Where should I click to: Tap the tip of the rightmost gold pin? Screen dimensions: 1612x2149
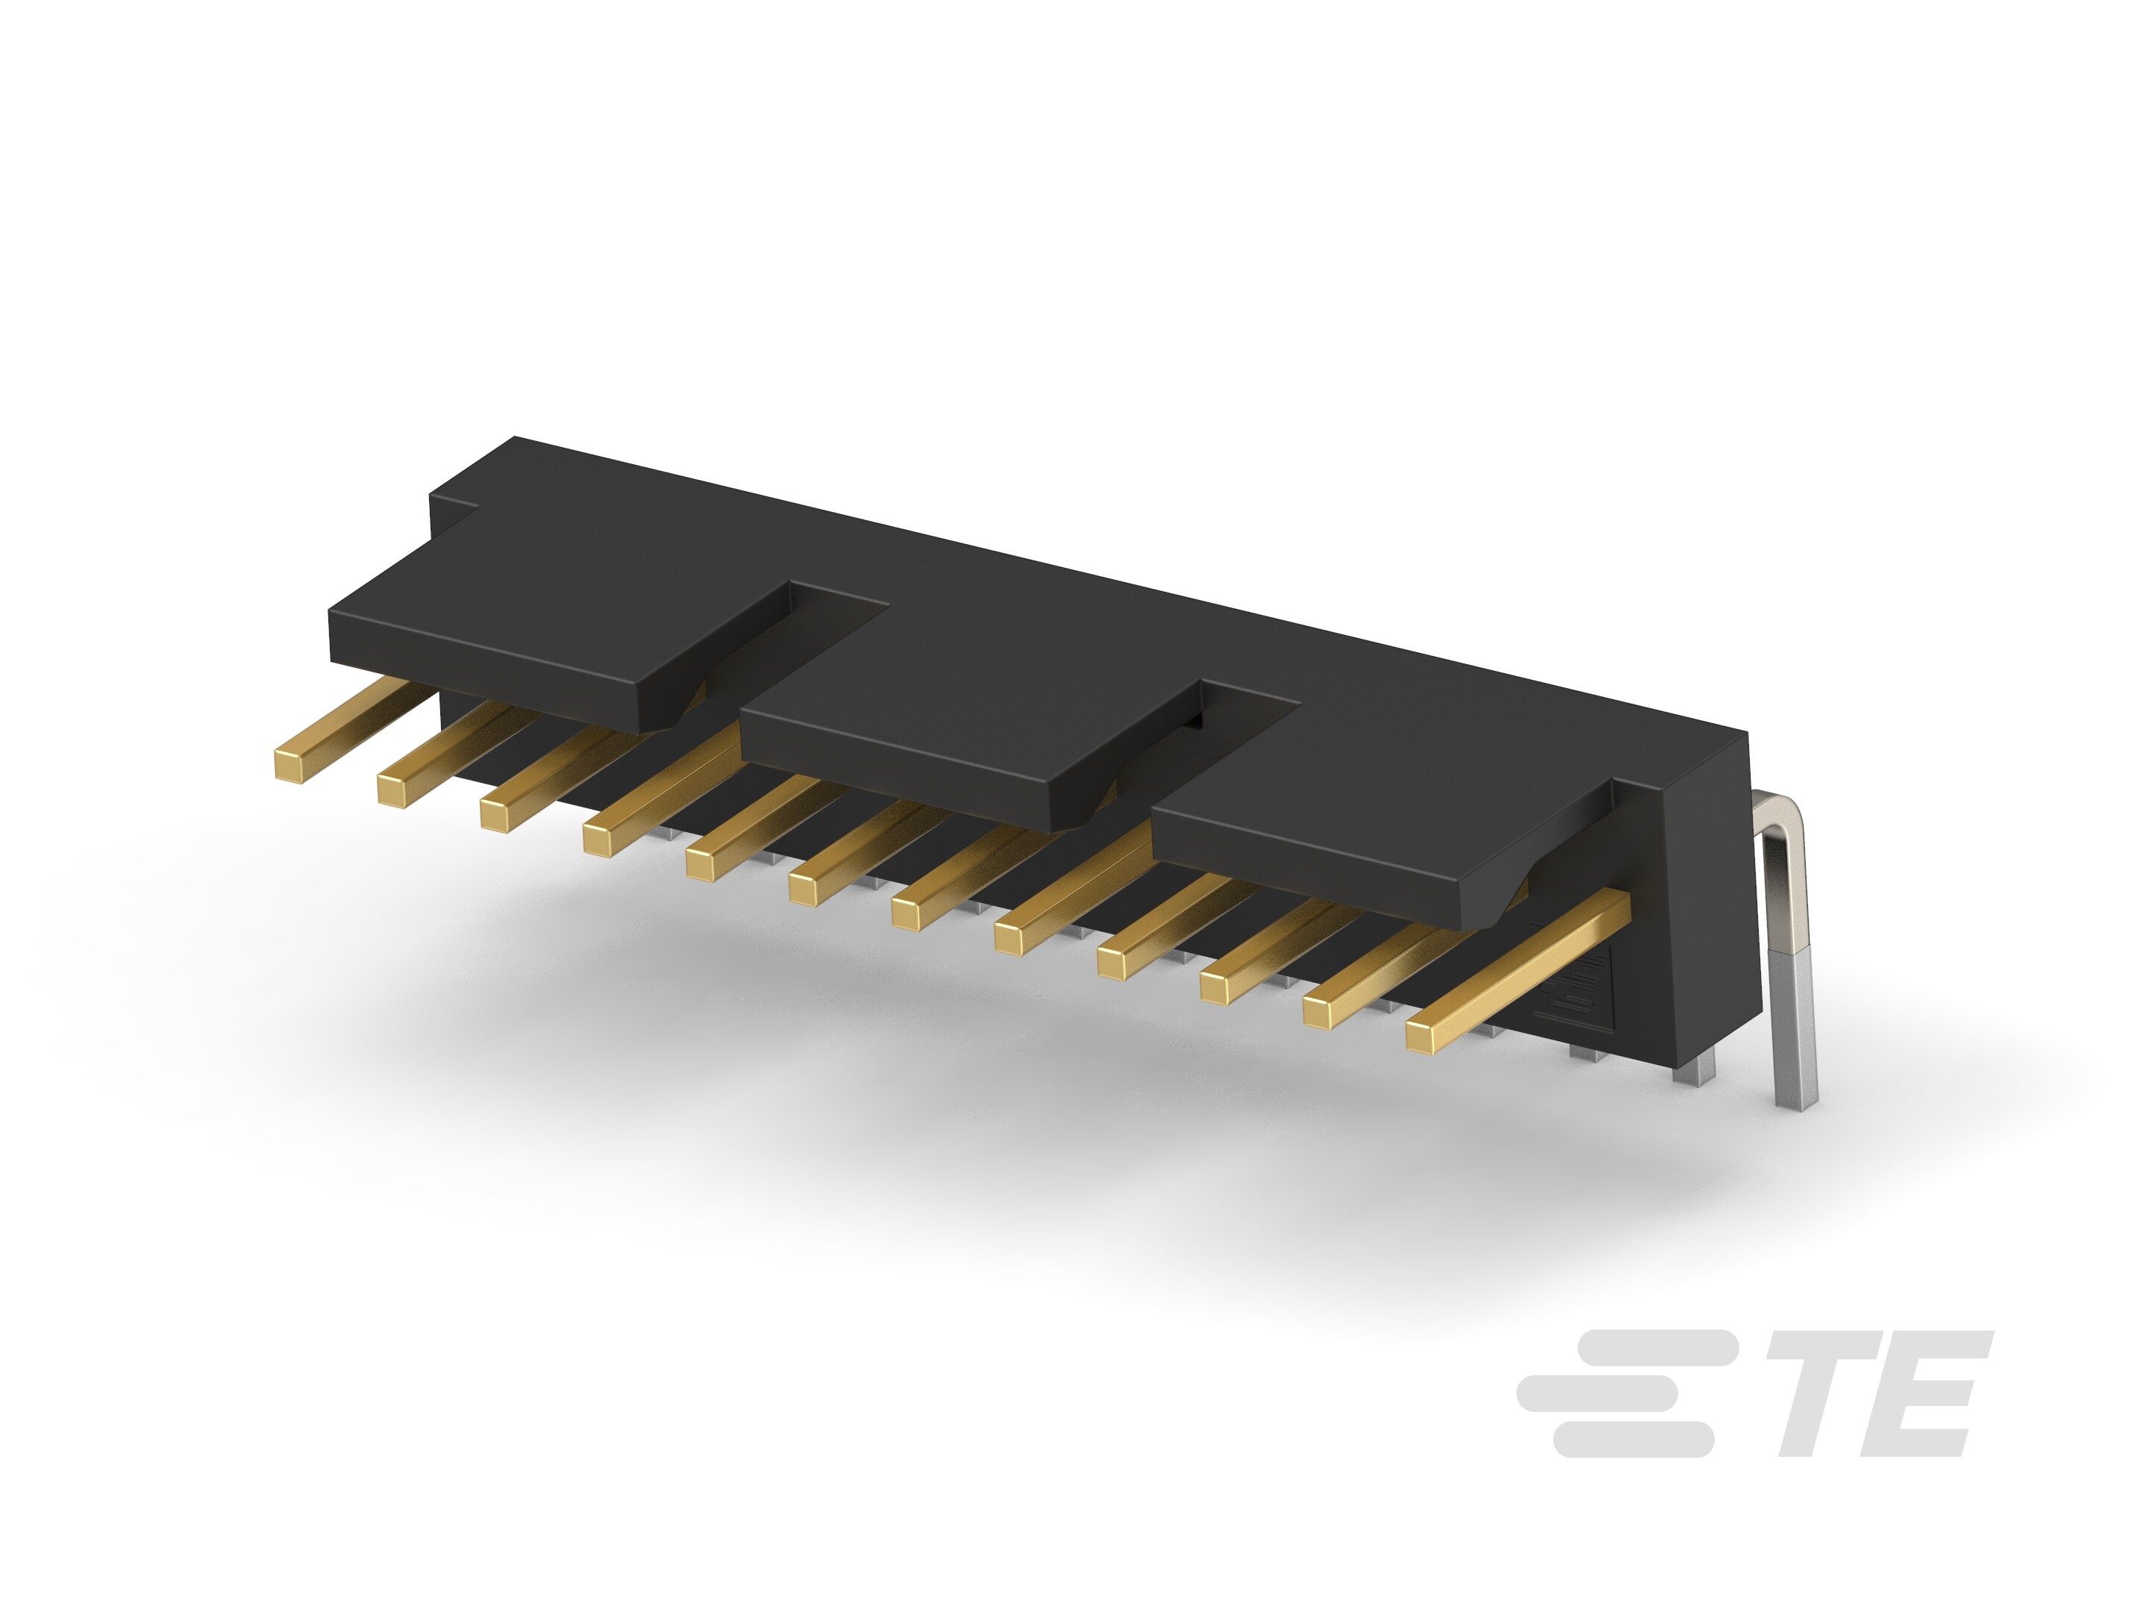tap(1421, 1039)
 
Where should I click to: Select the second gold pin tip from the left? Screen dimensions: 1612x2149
tap(392, 791)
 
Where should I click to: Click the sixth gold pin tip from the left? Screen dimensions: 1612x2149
tap(804, 889)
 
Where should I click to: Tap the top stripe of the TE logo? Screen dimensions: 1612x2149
tap(1651, 1347)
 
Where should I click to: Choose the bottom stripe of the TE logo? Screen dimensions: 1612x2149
tap(1632, 1439)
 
